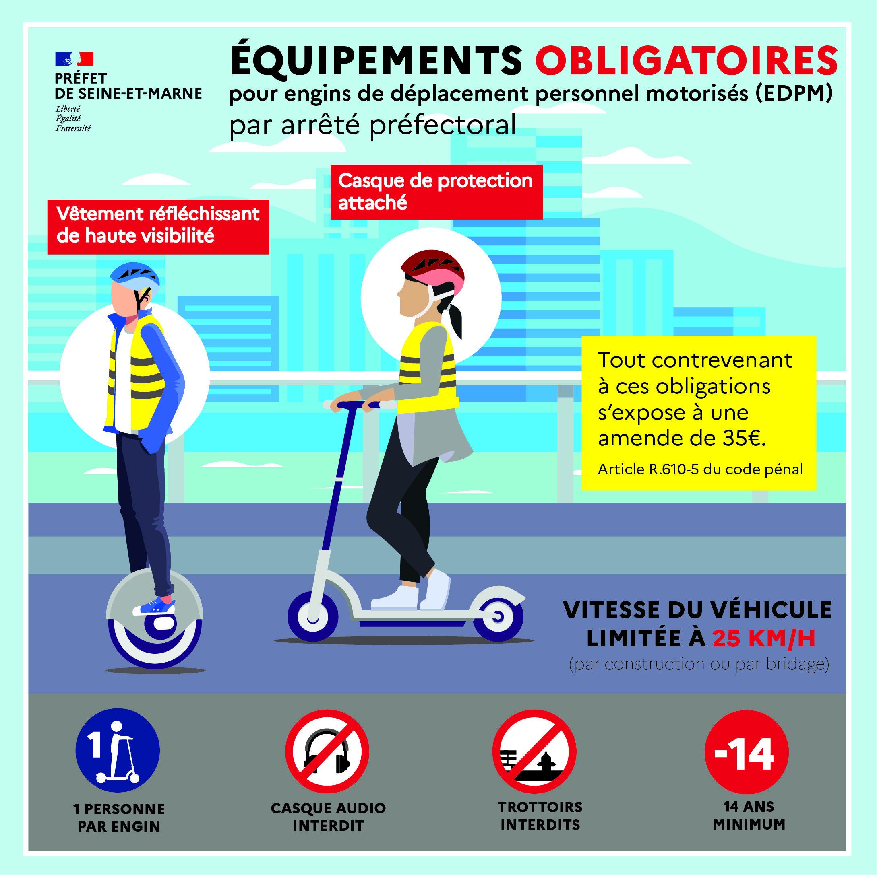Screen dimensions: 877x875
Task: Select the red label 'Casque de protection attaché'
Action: click(x=436, y=192)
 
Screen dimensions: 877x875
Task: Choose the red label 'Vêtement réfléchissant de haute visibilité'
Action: click(x=158, y=225)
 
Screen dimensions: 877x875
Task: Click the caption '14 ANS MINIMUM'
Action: click(x=749, y=816)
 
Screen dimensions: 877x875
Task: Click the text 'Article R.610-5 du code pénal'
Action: click(x=700, y=469)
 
